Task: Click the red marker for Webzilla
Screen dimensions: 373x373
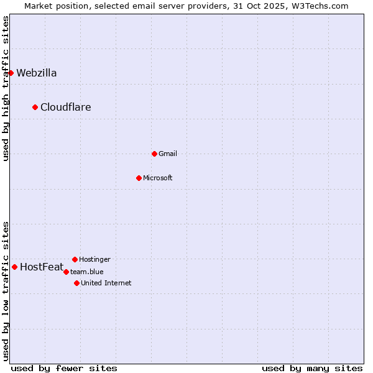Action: point(11,73)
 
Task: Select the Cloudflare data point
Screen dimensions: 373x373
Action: point(35,107)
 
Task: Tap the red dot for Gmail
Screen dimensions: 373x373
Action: point(154,154)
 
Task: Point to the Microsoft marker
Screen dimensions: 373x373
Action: point(139,178)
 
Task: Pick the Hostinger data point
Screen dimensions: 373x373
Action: point(75,259)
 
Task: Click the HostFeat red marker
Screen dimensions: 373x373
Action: point(14,267)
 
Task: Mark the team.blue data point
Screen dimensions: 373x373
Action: point(66,272)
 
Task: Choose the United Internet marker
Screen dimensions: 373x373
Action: point(76,283)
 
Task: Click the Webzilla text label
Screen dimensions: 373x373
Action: point(37,73)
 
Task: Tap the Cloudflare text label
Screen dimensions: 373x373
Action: point(66,107)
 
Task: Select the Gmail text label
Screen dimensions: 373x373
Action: point(168,154)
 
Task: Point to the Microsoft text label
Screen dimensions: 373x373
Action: point(158,178)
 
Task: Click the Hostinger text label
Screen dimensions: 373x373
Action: point(95,259)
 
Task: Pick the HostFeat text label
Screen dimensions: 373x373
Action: point(42,267)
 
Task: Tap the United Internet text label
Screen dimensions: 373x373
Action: point(106,283)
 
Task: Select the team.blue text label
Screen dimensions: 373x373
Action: point(87,272)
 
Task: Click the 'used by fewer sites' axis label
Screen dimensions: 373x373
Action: point(64,368)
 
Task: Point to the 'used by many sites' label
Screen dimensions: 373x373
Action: point(312,368)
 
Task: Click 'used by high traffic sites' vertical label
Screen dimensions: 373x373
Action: point(6,88)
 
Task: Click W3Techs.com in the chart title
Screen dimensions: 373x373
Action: point(317,6)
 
